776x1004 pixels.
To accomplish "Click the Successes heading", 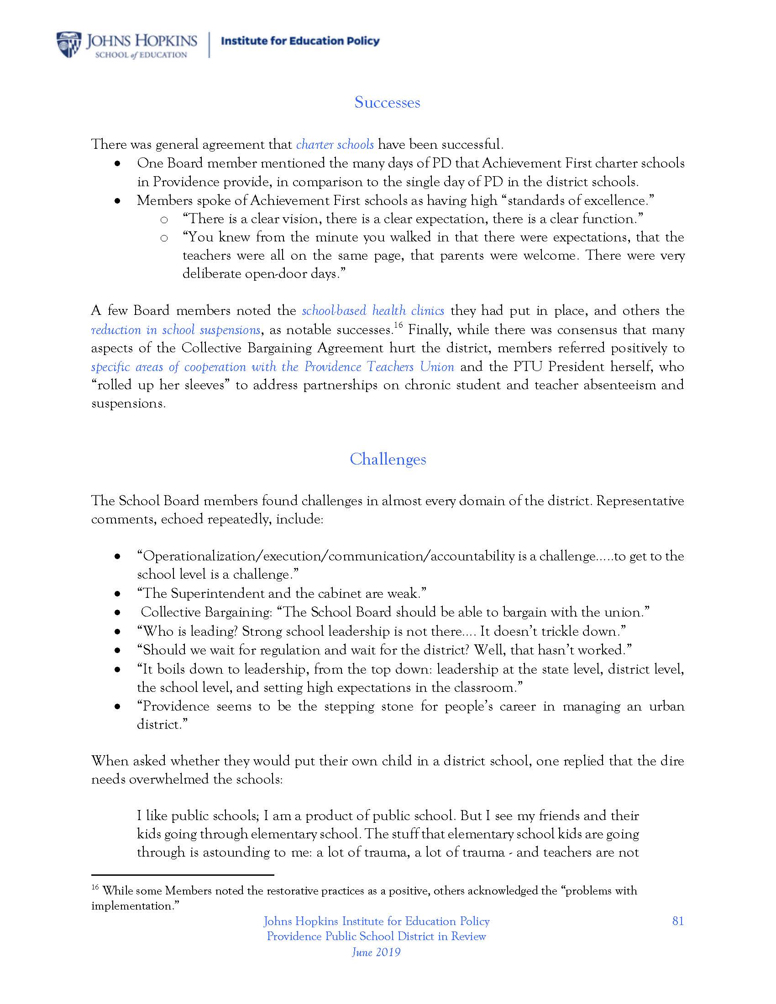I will [x=387, y=102].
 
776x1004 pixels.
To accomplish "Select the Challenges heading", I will [x=388, y=459].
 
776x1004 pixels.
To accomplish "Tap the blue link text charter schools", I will [x=335, y=144].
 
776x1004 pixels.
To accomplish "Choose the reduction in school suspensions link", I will [x=176, y=329].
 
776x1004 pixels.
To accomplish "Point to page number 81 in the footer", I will [x=677, y=921].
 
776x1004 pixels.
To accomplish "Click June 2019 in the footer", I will [x=376, y=952].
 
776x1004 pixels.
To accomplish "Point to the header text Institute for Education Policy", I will [x=300, y=42].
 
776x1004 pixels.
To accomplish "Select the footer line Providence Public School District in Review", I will [x=376, y=936].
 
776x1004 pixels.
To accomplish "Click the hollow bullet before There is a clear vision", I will [x=164, y=220].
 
